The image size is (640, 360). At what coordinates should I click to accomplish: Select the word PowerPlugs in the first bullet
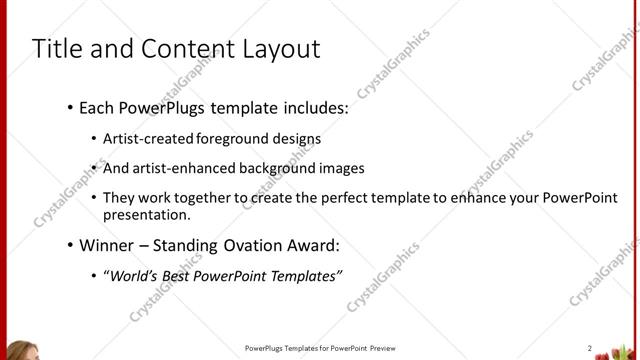point(161,105)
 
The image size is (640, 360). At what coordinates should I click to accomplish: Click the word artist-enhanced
point(181,168)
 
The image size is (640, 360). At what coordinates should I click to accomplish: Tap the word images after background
point(341,168)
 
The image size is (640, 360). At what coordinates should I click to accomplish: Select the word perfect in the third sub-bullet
point(363,197)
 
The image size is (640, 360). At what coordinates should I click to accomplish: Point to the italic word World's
point(135,274)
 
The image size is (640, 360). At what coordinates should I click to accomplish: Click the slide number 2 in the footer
point(590,348)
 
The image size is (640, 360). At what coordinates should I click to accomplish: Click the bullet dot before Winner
point(68,244)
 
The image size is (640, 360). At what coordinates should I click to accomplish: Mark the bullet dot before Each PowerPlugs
point(68,105)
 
